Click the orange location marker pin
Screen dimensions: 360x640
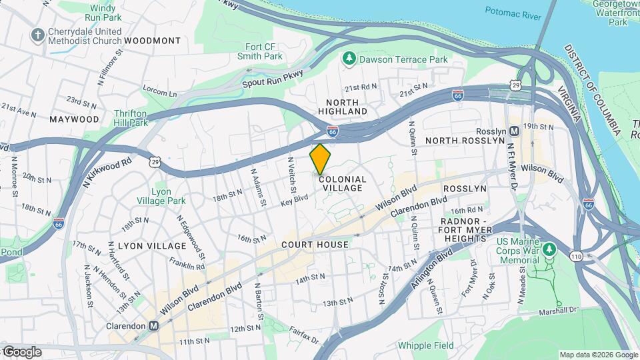click(321, 159)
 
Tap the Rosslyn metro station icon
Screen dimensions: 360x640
click(514, 131)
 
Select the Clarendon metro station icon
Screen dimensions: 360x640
click(154, 326)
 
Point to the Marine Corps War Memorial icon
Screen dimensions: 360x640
click(549, 249)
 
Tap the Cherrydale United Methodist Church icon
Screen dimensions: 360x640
click(39, 34)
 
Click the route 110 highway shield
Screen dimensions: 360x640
click(574, 255)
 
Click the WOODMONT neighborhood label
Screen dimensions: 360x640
click(152, 41)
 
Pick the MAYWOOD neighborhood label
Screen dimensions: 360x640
click(74, 119)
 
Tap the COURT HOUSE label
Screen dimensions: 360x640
click(315, 245)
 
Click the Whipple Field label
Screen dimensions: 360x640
click(425, 345)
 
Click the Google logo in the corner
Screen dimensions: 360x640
click(22, 351)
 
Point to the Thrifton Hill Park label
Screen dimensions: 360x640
click(130, 118)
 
